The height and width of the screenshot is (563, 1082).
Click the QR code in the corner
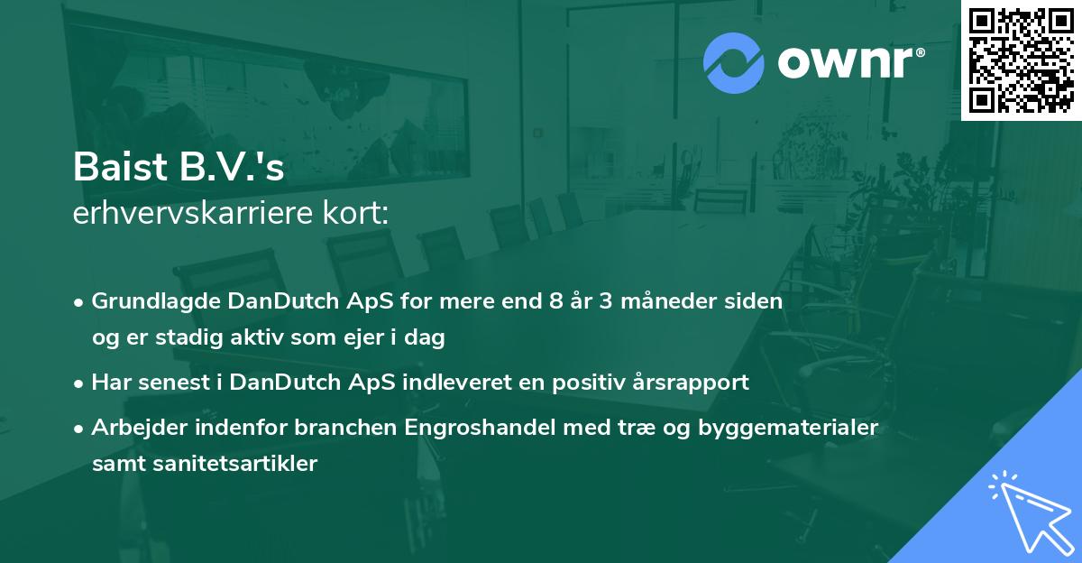click(1020, 60)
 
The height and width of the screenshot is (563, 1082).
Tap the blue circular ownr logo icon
click(734, 63)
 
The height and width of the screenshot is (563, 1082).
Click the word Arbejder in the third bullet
click(134, 427)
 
